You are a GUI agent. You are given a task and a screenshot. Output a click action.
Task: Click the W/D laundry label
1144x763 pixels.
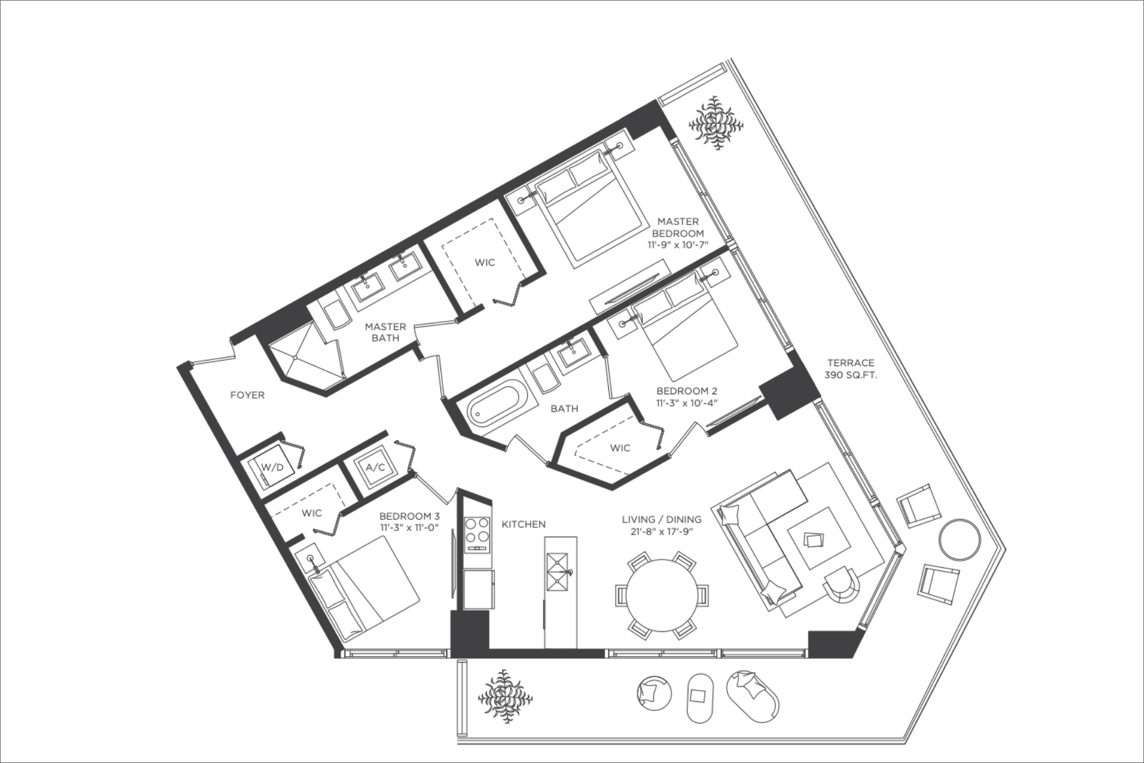273,467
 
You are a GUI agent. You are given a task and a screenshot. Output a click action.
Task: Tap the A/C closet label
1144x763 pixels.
375,467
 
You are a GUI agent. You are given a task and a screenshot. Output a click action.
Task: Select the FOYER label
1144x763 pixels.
247,395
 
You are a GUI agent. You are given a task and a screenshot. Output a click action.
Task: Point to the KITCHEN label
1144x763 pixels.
524,525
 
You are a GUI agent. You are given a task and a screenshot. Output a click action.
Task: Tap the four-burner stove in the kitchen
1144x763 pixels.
478,533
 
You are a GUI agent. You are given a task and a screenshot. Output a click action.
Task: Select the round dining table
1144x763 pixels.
662,595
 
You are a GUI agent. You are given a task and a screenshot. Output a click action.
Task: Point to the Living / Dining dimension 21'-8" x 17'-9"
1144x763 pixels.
662,532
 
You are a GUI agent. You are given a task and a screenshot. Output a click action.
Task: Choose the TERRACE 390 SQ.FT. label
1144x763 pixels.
851,369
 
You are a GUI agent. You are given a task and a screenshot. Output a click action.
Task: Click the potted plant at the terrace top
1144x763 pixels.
718,123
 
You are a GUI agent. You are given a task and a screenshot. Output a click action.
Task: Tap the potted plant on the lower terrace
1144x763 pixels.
505,696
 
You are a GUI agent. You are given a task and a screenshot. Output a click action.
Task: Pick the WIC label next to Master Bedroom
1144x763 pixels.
485,262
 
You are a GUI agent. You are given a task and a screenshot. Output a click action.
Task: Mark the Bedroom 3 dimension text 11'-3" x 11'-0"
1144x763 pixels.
409,528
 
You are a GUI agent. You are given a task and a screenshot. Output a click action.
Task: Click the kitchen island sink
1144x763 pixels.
557,572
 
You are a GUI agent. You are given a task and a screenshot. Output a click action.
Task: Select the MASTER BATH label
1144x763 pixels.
385,332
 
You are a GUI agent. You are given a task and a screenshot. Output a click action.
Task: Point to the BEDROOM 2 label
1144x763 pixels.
686,391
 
